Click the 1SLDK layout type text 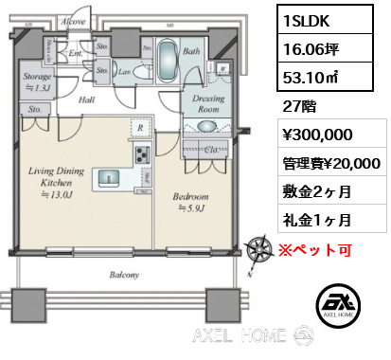(306, 17)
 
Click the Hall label (85, 99)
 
